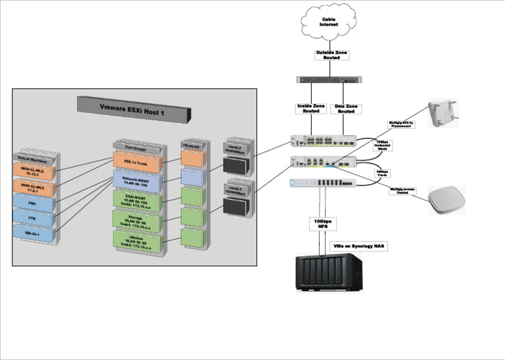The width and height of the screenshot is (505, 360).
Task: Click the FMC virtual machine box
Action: click(32, 204)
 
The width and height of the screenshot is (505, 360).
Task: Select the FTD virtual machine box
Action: click(32, 217)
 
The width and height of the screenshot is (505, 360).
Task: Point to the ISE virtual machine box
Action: click(32, 233)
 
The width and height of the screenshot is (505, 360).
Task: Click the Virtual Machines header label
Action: click(33, 158)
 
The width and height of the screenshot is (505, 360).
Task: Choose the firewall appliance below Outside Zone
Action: click(329, 79)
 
